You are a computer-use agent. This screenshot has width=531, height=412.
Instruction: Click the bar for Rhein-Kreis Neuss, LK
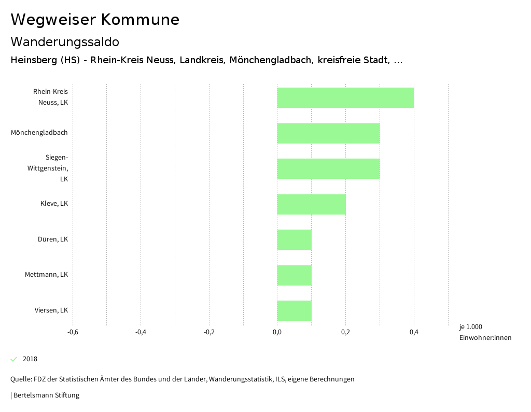coord(345,97)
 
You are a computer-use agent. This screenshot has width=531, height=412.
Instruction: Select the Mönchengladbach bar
coord(328,133)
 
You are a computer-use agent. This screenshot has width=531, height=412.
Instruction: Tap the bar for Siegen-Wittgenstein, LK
coord(328,168)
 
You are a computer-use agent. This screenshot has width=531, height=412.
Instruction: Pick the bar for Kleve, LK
coord(311,204)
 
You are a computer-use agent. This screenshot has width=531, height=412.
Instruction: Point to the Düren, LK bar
coord(295,239)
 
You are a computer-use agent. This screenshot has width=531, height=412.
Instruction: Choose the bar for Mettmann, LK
coord(295,275)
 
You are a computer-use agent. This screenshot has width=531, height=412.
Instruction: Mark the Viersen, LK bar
coord(295,310)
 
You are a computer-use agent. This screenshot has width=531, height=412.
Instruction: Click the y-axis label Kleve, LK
coord(54,204)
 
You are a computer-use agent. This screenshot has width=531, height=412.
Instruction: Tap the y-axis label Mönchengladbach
coord(39,133)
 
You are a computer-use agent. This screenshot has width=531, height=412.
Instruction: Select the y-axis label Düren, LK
coord(53,239)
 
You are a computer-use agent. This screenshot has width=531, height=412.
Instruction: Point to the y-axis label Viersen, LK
coord(51,310)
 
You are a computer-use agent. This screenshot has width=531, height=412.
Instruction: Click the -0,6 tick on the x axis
coord(73,332)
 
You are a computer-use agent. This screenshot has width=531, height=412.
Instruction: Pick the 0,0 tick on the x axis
coord(277,332)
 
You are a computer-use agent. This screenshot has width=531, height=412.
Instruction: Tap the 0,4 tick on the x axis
coord(414,332)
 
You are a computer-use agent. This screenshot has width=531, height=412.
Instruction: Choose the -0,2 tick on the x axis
coord(209,332)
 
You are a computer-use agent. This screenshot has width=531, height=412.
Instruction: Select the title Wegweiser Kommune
coord(95,20)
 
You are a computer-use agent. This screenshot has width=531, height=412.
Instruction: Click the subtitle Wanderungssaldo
coord(65,41)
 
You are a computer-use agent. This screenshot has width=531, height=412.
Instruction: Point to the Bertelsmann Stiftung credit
coord(46,395)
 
